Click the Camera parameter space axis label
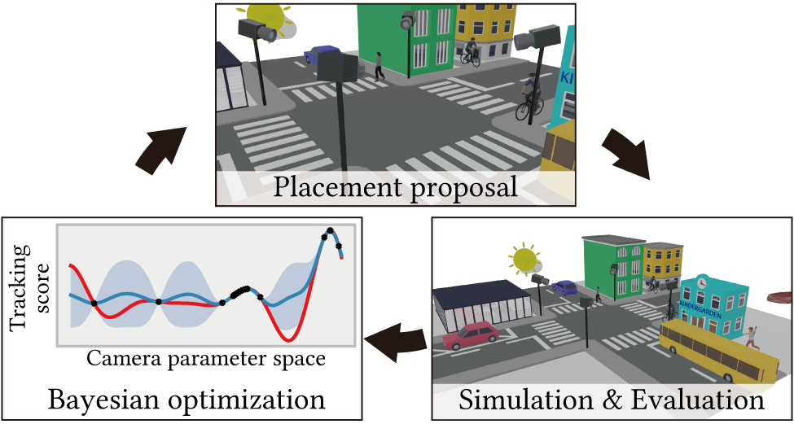tap(204, 359)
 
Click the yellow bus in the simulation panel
tap(719, 352)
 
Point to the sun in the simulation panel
tap(524, 257)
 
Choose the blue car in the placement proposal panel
tap(322, 55)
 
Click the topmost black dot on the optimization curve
tap(330, 231)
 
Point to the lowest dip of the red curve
tap(287, 340)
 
